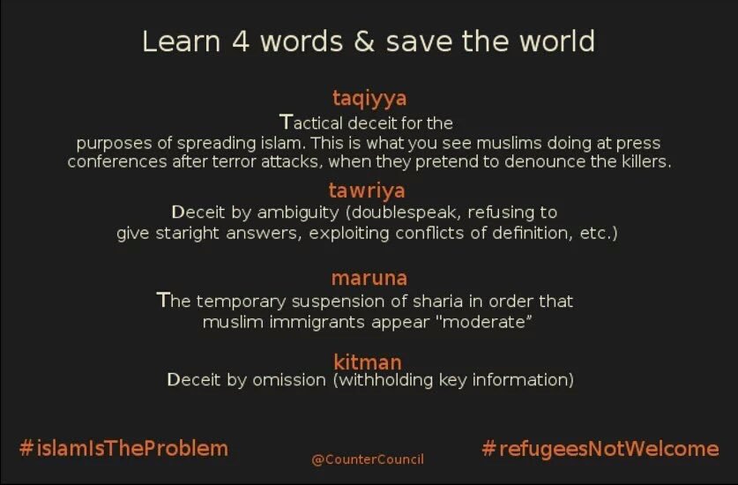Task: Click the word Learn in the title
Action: coord(182,41)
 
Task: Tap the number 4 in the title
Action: coord(241,41)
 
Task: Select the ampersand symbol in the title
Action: coord(364,41)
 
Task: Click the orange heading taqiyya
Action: coord(369,99)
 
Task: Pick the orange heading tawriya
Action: coord(367,190)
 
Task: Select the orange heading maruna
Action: coord(369,278)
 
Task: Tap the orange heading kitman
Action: coord(368,362)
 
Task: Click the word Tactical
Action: coord(310,123)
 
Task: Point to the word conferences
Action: coord(117,161)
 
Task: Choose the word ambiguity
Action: coord(298,213)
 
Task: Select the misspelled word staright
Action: coord(187,234)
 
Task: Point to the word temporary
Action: coord(241,302)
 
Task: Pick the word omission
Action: coord(289,379)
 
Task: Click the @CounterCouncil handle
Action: coord(368,459)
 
